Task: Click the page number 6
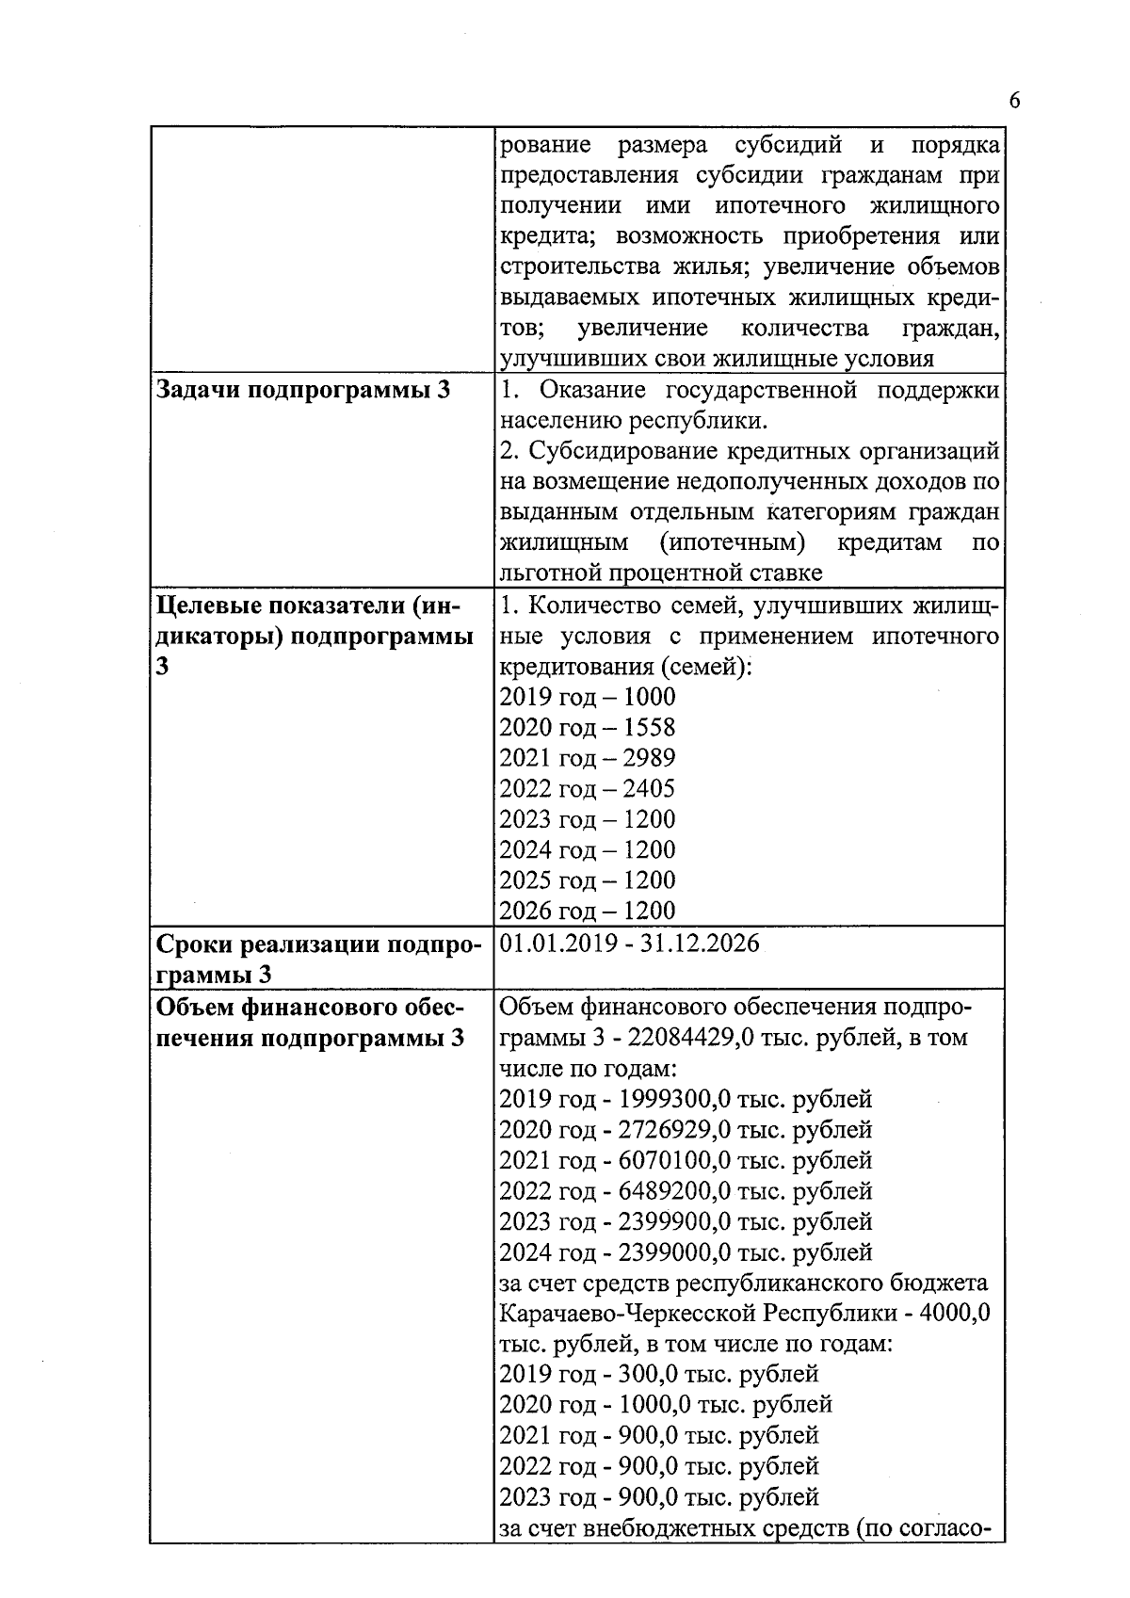coord(1014,102)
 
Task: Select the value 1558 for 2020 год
coord(650,727)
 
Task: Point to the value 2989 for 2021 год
coord(650,758)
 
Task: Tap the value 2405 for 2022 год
coord(650,788)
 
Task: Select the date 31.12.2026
coord(700,944)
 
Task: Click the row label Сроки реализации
coord(268,944)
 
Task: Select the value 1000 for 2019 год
coord(650,697)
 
